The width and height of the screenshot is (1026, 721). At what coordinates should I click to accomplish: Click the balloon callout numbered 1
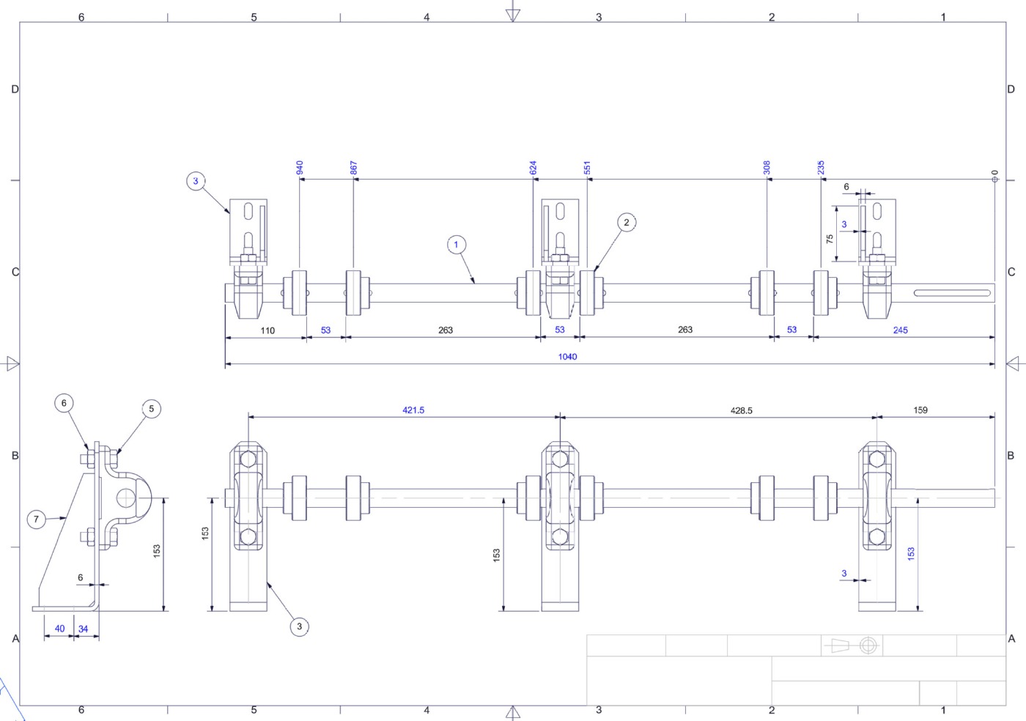(x=457, y=245)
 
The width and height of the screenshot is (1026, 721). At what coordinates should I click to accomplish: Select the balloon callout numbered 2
(x=626, y=223)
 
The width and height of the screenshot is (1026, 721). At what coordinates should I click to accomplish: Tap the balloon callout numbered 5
(x=151, y=409)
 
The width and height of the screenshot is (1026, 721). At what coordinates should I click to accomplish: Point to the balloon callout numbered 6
(x=64, y=403)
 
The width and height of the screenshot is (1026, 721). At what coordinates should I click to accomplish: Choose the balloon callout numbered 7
(x=37, y=520)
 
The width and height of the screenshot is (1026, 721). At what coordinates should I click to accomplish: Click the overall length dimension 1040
(x=567, y=357)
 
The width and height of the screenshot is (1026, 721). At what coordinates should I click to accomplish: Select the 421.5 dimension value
(x=413, y=410)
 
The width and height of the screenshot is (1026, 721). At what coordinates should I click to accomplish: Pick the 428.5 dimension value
(x=741, y=411)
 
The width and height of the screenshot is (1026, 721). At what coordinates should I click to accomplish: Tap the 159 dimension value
(x=920, y=410)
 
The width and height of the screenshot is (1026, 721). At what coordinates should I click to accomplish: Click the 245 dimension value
(x=900, y=330)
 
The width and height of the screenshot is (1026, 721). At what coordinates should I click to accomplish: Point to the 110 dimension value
(x=267, y=330)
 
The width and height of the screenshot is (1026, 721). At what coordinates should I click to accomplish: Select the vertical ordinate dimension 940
(x=300, y=168)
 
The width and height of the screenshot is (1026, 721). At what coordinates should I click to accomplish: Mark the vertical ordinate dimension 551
(x=587, y=168)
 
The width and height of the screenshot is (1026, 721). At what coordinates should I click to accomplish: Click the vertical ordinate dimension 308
(x=767, y=168)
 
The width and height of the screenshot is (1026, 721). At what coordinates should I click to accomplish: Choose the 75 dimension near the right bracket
(x=830, y=239)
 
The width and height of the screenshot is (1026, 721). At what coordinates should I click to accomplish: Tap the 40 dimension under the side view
(x=59, y=629)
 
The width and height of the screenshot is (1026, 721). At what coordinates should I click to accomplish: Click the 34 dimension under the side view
(x=83, y=629)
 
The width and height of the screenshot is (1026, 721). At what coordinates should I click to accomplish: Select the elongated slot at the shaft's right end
(x=952, y=294)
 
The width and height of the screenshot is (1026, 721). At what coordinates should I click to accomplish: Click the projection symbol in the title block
(x=852, y=646)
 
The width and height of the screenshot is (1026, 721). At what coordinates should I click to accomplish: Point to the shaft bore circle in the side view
(x=126, y=498)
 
